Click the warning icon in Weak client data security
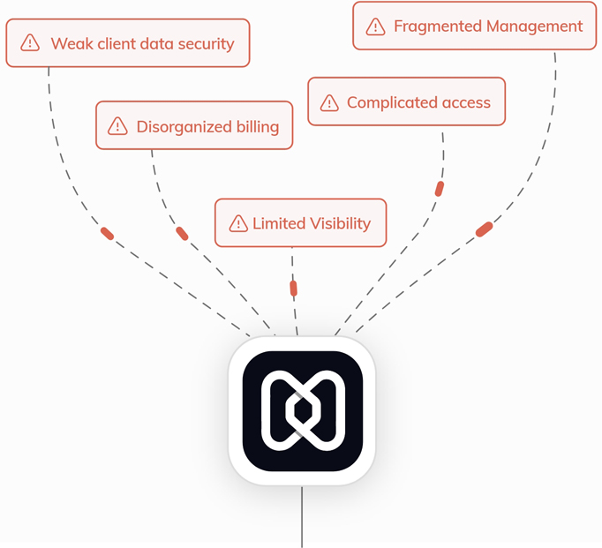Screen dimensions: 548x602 click(31, 42)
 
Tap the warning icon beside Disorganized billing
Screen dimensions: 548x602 click(117, 126)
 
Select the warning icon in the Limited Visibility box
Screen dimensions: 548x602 click(237, 223)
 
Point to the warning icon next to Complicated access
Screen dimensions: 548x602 click(329, 102)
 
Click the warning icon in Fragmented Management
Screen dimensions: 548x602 click(375, 26)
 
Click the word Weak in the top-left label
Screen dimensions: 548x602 click(71, 42)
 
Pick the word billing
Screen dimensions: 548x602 click(256, 126)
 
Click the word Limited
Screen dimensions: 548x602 click(278, 223)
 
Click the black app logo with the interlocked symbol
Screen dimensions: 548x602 click(302, 411)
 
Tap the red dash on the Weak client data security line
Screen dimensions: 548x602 click(107, 233)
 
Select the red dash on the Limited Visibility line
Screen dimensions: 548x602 click(294, 288)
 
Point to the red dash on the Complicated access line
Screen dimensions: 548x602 click(439, 188)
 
